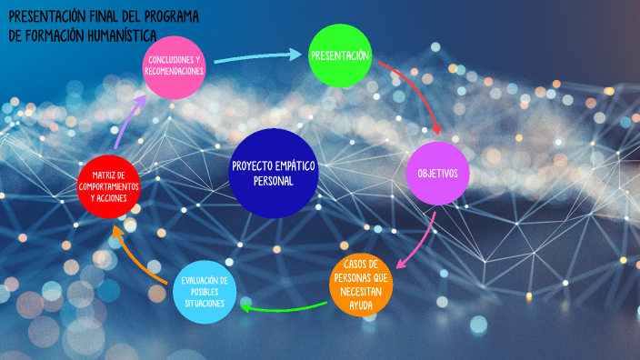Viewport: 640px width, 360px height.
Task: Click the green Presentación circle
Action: tap(341, 56)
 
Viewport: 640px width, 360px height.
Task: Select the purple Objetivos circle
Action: tap(437, 173)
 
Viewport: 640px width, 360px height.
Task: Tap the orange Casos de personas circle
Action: tap(361, 285)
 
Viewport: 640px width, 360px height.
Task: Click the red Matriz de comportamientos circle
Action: tap(109, 186)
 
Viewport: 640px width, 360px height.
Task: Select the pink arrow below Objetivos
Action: tap(419, 242)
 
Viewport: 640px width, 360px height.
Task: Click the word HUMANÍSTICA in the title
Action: tap(114, 35)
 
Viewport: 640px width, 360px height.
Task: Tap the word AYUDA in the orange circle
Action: tap(361, 305)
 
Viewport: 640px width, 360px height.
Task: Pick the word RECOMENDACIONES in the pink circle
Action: tap(175, 71)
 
